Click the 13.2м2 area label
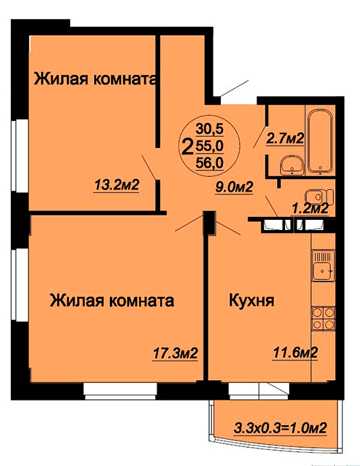point(117,186)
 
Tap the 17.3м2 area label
point(175,354)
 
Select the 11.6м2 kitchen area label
point(295,352)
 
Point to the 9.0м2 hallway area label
point(234,187)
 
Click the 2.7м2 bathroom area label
point(284,138)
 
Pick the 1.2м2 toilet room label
point(310,209)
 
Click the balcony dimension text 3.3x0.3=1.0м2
point(281,429)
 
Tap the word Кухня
point(251,301)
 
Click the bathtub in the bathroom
point(320,142)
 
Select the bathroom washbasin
point(292,166)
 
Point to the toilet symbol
point(319,197)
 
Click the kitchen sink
point(323,265)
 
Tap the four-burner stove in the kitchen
point(323,318)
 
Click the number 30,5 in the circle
point(209,129)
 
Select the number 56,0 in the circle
point(209,163)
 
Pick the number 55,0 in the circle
point(209,146)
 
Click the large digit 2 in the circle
point(187,147)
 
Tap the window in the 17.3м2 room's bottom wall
point(120,391)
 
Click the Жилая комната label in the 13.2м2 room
point(95,79)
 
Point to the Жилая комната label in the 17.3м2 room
point(112,301)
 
